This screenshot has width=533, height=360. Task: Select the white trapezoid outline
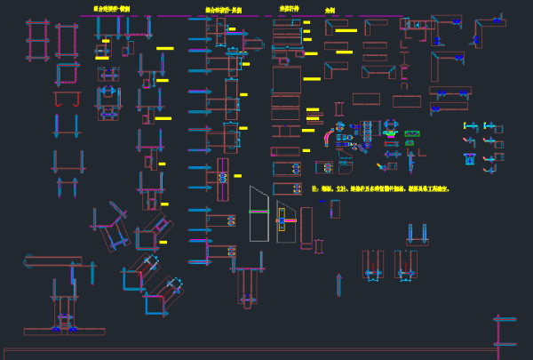tap(259, 214)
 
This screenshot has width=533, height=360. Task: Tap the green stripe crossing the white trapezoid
tap(259, 212)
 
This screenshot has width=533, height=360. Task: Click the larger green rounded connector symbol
tap(411, 134)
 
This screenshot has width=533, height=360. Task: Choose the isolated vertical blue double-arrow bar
tap(338, 284)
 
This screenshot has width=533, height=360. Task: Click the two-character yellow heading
tap(330, 11)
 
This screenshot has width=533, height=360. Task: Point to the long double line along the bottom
tap(249, 349)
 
